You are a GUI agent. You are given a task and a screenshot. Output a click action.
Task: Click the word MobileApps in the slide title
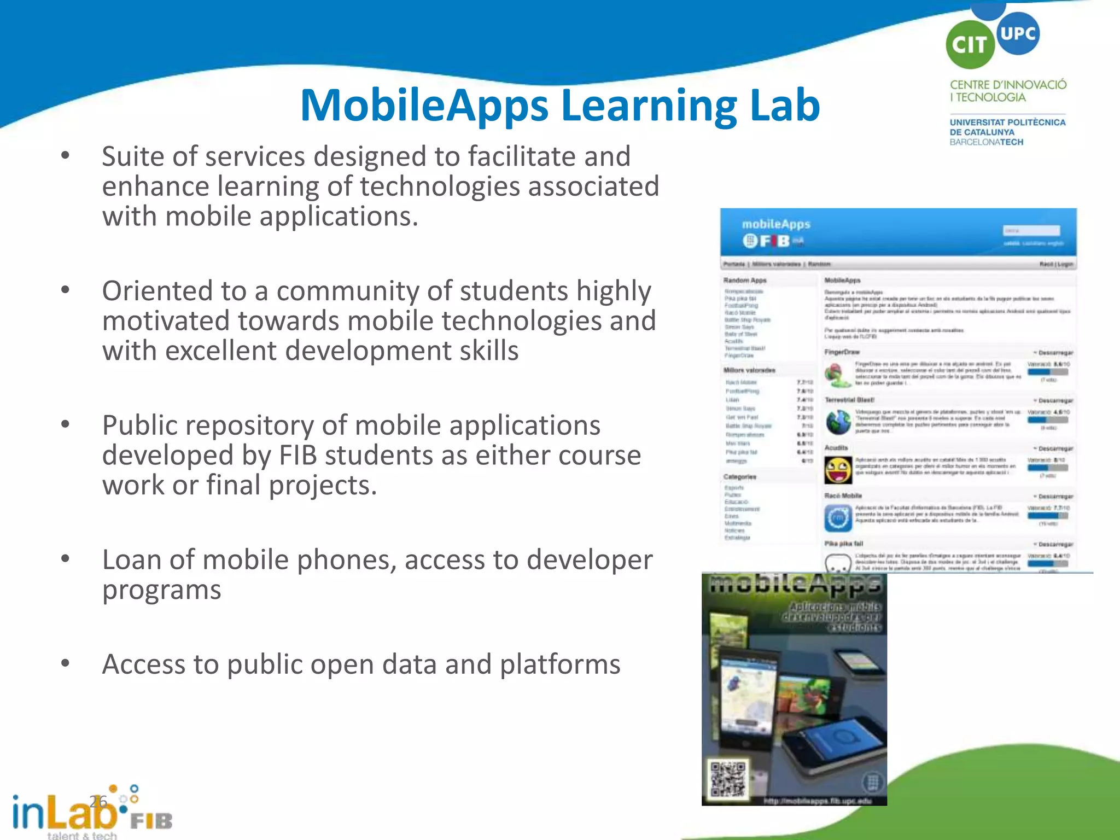(424, 106)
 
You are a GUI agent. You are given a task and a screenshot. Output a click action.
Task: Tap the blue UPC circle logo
(1018, 33)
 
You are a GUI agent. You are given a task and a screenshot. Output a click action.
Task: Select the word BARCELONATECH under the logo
(986, 142)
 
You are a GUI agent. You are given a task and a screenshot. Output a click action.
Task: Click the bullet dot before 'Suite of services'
(66, 156)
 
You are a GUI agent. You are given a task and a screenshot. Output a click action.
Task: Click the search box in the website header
(1031, 231)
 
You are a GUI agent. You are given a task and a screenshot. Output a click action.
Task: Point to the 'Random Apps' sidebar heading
(745, 281)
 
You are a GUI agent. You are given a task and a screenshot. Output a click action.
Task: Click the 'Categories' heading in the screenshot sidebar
(740, 477)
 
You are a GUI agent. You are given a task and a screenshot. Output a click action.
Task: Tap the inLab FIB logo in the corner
(90, 812)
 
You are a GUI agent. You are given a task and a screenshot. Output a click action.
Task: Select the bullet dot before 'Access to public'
(66, 663)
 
